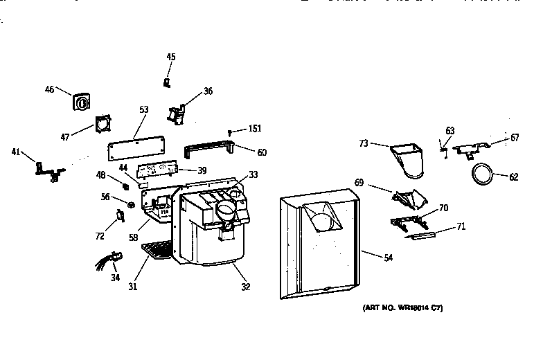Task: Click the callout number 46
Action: click(49, 89)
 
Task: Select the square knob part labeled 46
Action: click(81, 102)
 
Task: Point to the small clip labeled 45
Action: click(167, 83)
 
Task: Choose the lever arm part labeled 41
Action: click(47, 168)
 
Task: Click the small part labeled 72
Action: click(120, 216)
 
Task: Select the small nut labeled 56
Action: click(130, 204)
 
